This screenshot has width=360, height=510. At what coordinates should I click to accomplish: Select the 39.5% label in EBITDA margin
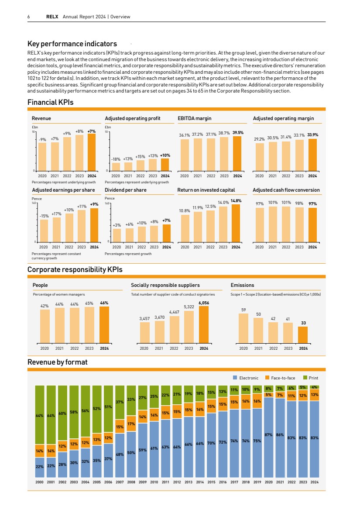(238, 132)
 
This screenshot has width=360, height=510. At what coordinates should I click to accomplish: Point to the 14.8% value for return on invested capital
(236, 200)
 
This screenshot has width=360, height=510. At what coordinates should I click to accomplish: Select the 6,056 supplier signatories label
(204, 302)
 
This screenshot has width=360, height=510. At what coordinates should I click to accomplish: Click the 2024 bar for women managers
(104, 325)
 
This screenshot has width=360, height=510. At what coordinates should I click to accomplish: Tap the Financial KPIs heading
(51, 102)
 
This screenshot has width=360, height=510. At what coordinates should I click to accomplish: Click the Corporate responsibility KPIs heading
(75, 269)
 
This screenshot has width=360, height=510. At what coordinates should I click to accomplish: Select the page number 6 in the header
(29, 17)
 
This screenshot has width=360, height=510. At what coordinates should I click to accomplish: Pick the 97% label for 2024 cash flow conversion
(312, 203)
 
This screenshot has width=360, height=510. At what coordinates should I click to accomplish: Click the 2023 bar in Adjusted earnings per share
(82, 226)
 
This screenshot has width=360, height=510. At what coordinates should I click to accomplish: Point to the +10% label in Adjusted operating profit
(165, 155)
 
